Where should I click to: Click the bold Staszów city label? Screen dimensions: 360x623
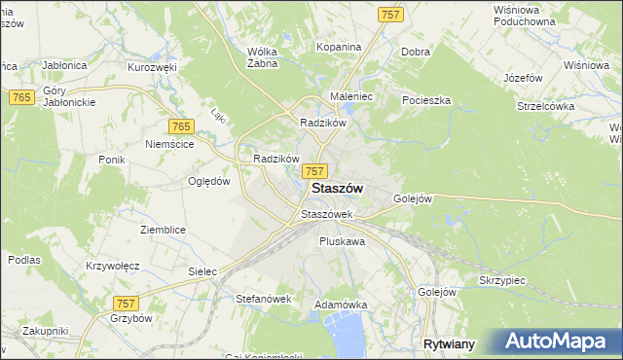(x=337, y=189)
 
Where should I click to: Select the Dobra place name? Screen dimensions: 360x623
(x=416, y=52)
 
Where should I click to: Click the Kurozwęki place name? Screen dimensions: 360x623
(x=151, y=68)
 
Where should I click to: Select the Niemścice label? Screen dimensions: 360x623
(x=169, y=144)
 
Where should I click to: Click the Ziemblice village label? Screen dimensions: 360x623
(x=163, y=230)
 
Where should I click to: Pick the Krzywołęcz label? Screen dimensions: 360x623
(x=113, y=266)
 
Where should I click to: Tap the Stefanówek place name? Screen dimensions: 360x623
(x=264, y=299)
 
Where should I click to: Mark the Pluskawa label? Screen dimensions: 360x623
(x=342, y=240)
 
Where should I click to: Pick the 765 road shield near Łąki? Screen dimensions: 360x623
(x=180, y=127)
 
